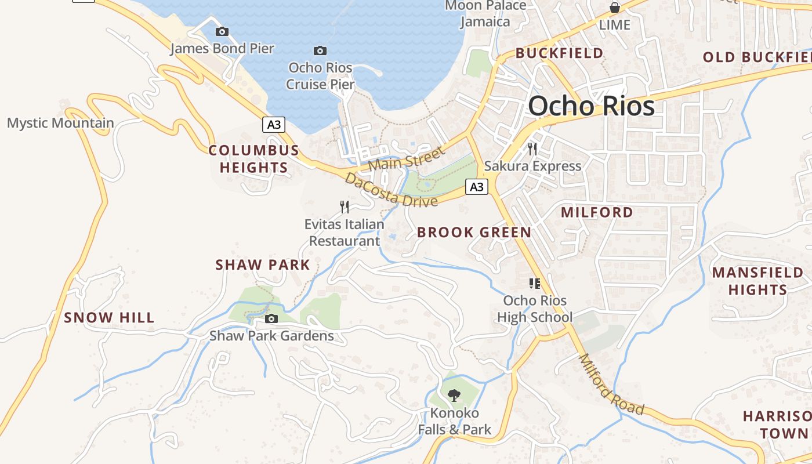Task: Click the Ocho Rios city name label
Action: pyautogui.click(x=591, y=106)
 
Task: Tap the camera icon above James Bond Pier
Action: pyautogui.click(x=222, y=31)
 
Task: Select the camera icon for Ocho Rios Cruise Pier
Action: pyautogui.click(x=320, y=51)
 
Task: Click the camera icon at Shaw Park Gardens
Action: pyautogui.click(x=271, y=318)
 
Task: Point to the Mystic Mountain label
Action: pyautogui.click(x=60, y=123)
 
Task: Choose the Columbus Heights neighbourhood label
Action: pyautogui.click(x=253, y=159)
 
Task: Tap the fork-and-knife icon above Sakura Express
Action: pyautogui.click(x=532, y=148)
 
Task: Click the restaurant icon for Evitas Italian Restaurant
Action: pyautogui.click(x=345, y=206)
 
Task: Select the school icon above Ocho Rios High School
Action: pyautogui.click(x=534, y=284)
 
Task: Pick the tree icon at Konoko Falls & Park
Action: pyautogui.click(x=454, y=396)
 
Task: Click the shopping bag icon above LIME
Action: pyautogui.click(x=614, y=8)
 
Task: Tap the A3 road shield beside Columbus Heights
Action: pyautogui.click(x=274, y=124)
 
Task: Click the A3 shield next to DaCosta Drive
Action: pyautogui.click(x=476, y=187)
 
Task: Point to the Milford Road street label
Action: pyautogui.click(x=611, y=385)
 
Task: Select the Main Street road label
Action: pyautogui.click(x=406, y=158)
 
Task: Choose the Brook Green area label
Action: pyautogui.click(x=474, y=233)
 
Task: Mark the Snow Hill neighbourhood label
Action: pyautogui.click(x=109, y=317)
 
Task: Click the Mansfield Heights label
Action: pyautogui.click(x=757, y=281)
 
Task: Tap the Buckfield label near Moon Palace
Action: pyautogui.click(x=559, y=53)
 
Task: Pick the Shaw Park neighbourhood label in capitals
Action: pyautogui.click(x=263, y=265)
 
